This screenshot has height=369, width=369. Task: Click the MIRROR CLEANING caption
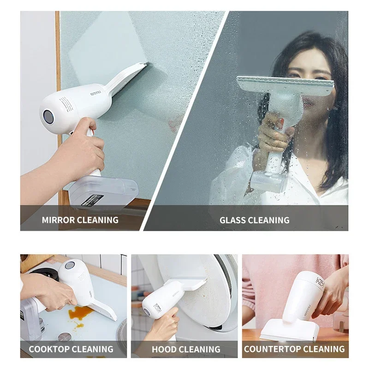[x=80, y=220]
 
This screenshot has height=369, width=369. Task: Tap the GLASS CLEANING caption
[x=254, y=220]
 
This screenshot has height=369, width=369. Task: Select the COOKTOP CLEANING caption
[x=71, y=349]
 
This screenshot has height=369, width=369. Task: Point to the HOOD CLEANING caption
[x=186, y=350]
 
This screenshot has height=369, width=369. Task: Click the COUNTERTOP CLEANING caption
[x=294, y=349]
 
